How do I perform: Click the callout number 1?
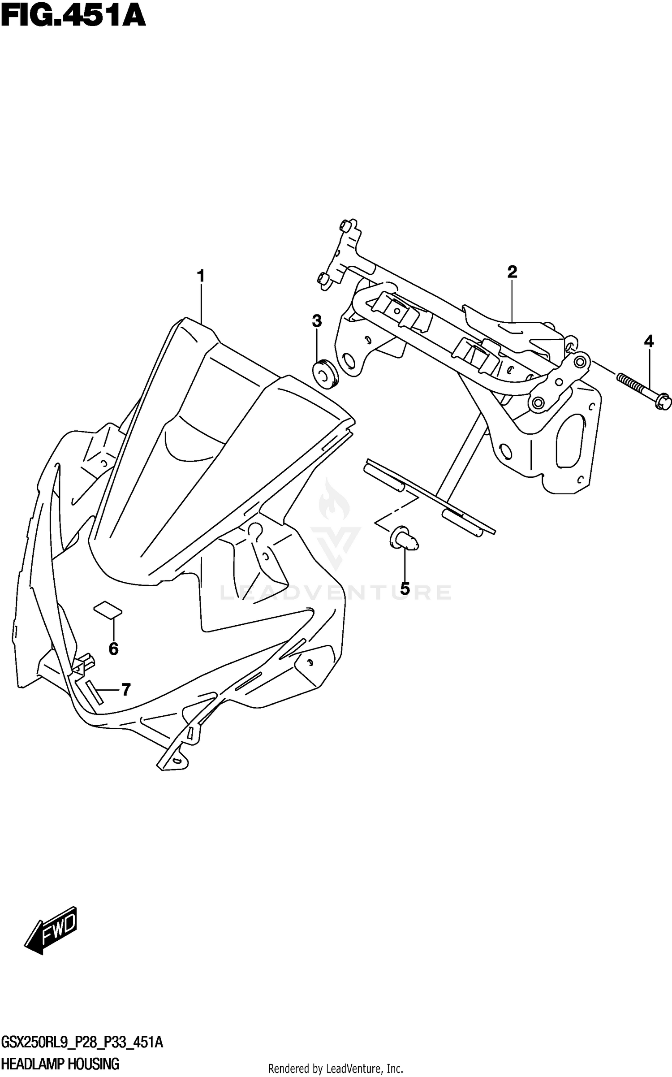point(200,276)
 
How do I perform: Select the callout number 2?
point(512,272)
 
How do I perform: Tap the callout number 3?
point(317,321)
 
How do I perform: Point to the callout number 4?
point(648,342)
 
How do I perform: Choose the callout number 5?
point(405,588)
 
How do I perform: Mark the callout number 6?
point(113,649)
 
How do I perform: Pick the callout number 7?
point(126,690)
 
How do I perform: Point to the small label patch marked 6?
point(108,610)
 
